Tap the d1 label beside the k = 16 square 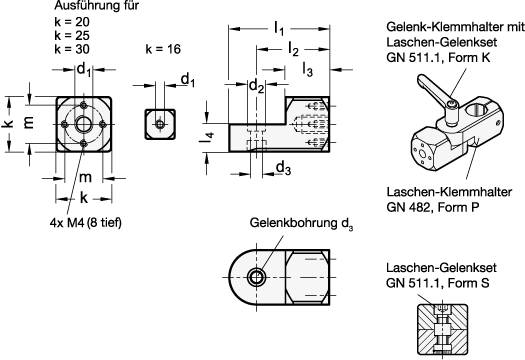tap(187, 77)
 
